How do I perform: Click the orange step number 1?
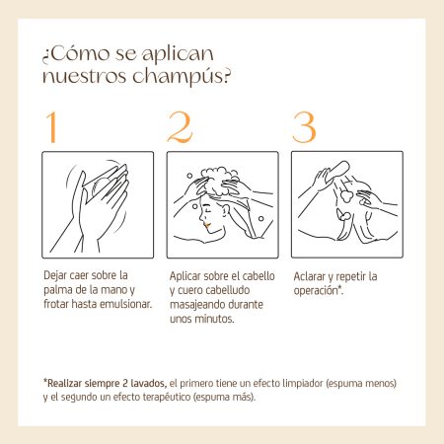[51, 127]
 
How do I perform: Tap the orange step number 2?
[180, 127]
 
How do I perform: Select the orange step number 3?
[304, 127]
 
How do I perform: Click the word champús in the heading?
[182, 76]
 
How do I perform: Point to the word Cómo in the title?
[79, 54]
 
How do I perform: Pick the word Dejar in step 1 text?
[55, 275]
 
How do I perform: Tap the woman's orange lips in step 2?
[207, 225]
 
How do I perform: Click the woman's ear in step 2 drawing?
[226, 209]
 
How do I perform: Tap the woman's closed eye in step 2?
[206, 209]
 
